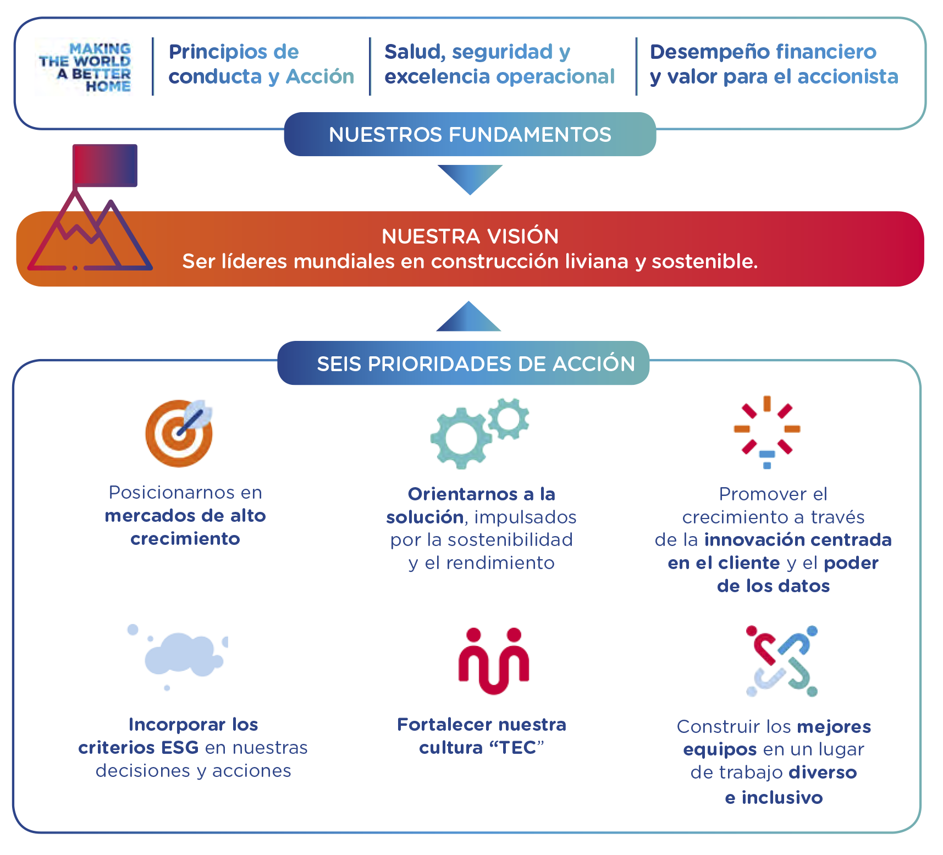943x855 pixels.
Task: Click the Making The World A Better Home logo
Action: click(84, 67)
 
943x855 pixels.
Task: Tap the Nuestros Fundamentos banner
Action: click(470, 135)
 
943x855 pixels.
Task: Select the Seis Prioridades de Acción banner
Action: click(463, 363)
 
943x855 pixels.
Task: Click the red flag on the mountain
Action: click(104, 165)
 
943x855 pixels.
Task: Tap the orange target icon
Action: click(178, 433)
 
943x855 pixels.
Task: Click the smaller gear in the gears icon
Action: click(509, 419)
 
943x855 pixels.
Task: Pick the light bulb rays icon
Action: click(767, 432)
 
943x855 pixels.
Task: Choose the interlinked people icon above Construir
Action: click(782, 661)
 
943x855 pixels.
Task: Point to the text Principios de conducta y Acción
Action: click(261, 64)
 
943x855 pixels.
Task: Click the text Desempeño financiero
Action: click(763, 52)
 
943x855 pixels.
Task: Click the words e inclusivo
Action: click(773, 797)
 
